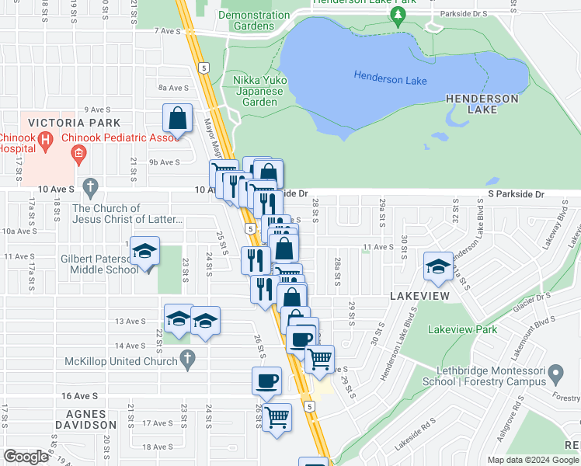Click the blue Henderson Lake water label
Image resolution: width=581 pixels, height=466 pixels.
(390, 76)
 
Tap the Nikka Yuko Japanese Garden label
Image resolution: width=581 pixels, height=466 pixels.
(256, 91)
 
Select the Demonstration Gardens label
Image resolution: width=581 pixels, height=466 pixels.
(254, 20)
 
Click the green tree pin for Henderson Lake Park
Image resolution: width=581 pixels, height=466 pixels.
(398, 16)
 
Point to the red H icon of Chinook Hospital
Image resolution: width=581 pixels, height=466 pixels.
(45, 141)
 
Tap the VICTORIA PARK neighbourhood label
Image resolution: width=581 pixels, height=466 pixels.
(74, 123)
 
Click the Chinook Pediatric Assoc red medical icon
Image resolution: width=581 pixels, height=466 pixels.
(78, 154)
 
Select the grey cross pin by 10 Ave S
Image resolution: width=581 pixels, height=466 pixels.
(91, 186)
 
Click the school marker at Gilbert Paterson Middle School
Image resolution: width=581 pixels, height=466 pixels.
(144, 252)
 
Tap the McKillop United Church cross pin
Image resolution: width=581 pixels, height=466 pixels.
(186, 359)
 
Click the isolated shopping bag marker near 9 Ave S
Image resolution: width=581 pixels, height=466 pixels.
(178, 119)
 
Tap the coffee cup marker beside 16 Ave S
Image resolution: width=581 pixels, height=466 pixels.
(267, 381)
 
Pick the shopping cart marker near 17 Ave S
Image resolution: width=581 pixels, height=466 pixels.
(277, 418)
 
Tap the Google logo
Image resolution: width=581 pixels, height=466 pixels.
(26, 457)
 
